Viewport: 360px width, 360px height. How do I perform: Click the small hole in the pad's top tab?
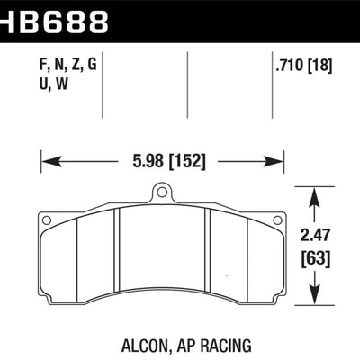click(x=163, y=191)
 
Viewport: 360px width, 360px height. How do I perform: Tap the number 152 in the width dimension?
click(x=186, y=163)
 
